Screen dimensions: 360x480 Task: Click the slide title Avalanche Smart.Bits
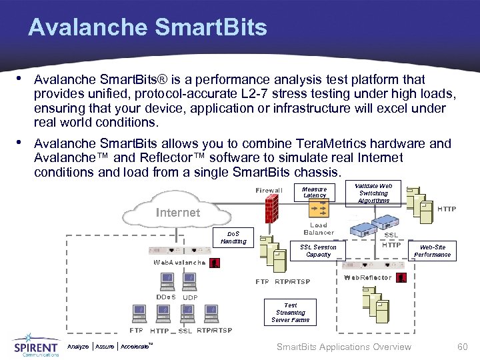point(147,27)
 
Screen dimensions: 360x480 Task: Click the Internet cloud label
point(177,213)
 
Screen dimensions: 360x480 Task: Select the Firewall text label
point(269,191)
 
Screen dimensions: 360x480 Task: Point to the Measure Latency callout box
point(315,193)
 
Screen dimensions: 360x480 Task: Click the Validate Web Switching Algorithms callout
point(373,193)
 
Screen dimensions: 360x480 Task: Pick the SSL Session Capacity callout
point(318,251)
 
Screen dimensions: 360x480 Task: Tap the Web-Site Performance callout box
point(433,251)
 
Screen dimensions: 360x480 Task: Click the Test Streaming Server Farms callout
point(290,313)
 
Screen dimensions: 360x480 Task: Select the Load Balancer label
point(319,229)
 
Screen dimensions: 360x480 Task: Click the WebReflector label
point(367,277)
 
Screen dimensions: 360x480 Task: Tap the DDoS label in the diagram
point(165,297)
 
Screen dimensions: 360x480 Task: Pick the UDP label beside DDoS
point(190,298)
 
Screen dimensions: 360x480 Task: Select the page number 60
point(462,347)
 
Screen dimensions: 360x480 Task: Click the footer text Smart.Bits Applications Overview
point(343,347)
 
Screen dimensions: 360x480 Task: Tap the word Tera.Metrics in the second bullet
point(295,143)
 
